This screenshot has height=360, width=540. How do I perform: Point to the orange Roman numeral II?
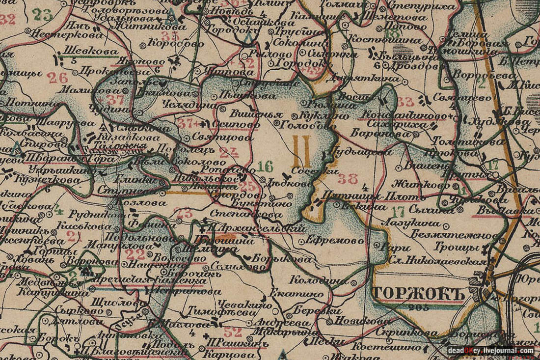pos(300,152)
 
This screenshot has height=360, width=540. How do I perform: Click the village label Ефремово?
pos(334,241)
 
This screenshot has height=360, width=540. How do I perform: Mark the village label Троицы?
pos(456,249)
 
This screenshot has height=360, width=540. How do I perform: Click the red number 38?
pos(348,179)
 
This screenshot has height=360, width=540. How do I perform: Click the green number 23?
pos(43,15)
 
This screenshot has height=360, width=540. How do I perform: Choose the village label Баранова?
pos(374,133)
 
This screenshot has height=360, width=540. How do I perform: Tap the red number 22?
pos(135,254)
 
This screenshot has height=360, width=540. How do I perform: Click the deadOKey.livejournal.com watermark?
pos(490,350)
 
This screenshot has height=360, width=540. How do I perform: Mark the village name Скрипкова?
pos(408,332)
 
